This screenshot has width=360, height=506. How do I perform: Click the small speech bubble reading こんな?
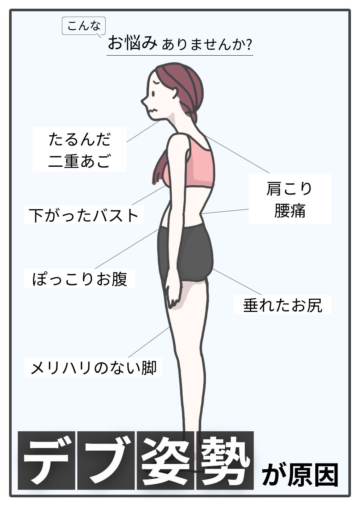pyautogui.click(x=83, y=26)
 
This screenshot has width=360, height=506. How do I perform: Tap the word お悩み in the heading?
pyautogui.click(x=132, y=43)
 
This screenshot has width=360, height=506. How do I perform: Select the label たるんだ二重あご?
pyautogui.click(x=80, y=150)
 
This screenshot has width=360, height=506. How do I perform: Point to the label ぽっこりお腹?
pyautogui.click(x=80, y=279)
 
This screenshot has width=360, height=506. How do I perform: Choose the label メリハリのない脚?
pyautogui.click(x=93, y=367)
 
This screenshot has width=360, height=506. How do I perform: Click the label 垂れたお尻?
pyautogui.click(x=282, y=305)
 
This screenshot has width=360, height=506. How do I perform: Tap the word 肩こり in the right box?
pyautogui.click(x=290, y=189)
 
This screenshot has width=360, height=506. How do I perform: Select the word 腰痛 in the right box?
pyautogui.click(x=290, y=211)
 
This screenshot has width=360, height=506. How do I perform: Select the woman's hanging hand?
pyautogui.click(x=174, y=292)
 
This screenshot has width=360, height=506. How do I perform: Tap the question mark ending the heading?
pyautogui.click(x=249, y=45)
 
